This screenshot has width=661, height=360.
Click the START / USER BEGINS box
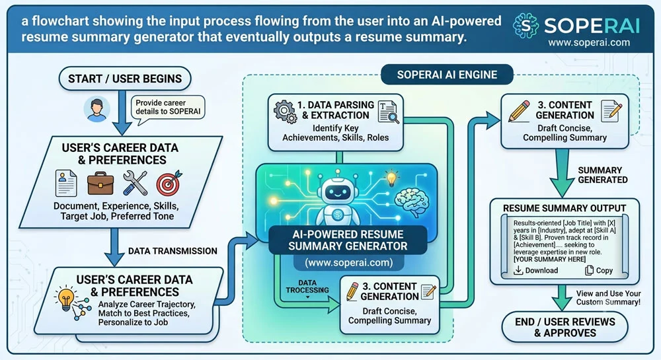coord(125,79)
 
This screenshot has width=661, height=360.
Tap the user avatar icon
coord(97,109)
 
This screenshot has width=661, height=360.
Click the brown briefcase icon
coord(100,184)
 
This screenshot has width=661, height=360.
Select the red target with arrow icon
coord(169,183)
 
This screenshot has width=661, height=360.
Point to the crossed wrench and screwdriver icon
coord(135,183)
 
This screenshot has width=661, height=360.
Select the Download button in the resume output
coord(536,270)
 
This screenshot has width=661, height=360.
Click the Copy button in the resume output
coord(599,270)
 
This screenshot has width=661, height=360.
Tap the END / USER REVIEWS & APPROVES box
coord(565,327)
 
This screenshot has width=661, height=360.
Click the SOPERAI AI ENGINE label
coord(447,75)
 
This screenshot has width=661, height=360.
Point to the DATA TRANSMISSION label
coord(173,251)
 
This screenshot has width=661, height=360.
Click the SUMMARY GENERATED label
coord(602,175)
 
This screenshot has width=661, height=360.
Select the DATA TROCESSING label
coord(307,287)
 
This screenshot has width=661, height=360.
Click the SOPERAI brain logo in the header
coord(525,26)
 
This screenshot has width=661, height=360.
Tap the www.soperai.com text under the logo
coord(589,42)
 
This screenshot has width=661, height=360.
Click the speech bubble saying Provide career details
coord(168,108)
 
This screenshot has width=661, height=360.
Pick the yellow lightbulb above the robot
coord(391,178)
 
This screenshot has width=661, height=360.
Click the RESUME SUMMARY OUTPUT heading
coord(564,208)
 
